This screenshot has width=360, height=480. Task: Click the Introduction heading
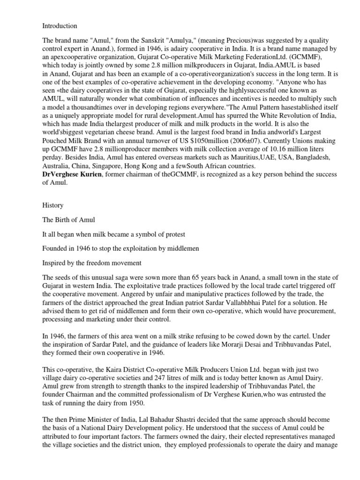60,26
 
